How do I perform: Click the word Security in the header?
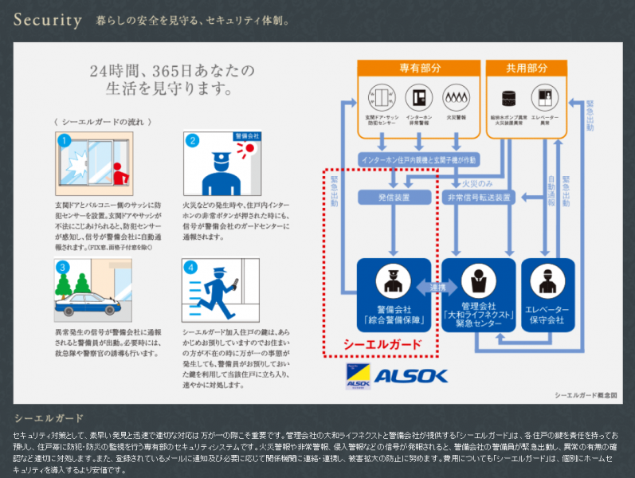pos(47,19)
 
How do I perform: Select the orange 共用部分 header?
pos(527,69)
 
